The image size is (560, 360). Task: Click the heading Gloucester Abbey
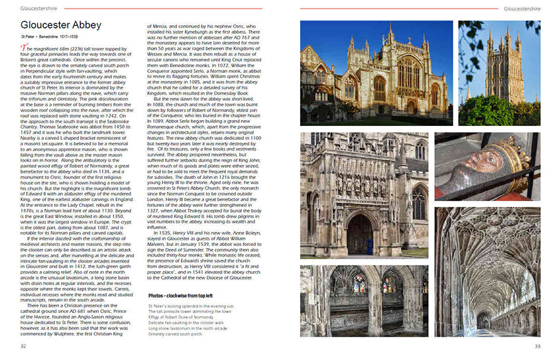pyautogui.click(x=61, y=25)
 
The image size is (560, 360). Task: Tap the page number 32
pyautogui.click(x=23, y=346)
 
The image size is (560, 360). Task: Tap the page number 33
pyautogui.click(x=537, y=346)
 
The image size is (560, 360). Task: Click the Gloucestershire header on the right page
pyautogui.click(x=522, y=9)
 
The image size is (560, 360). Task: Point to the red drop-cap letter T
pyautogui.click(x=24, y=48)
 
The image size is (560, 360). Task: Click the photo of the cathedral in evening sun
pyautogui.click(x=376, y=73)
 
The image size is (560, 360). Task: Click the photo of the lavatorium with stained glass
pyautogui.click(x=364, y=302)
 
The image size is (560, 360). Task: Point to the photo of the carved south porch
pyautogui.click(x=364, y=196)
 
